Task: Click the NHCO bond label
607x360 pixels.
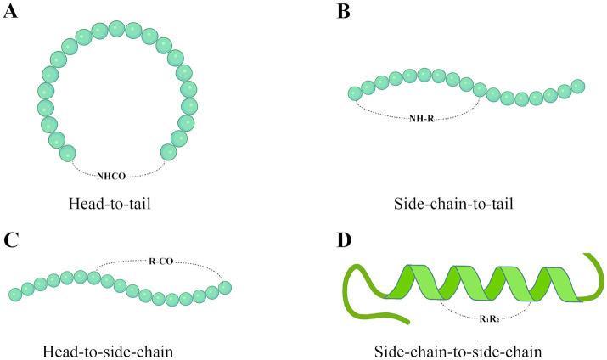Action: pos(117,179)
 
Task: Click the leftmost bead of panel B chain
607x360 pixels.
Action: pos(356,93)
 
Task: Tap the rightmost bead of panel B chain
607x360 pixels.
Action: pos(578,86)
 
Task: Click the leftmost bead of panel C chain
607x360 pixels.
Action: pos(15,294)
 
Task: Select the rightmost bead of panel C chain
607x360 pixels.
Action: pos(225,288)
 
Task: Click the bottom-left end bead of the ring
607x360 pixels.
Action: pos(68,153)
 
